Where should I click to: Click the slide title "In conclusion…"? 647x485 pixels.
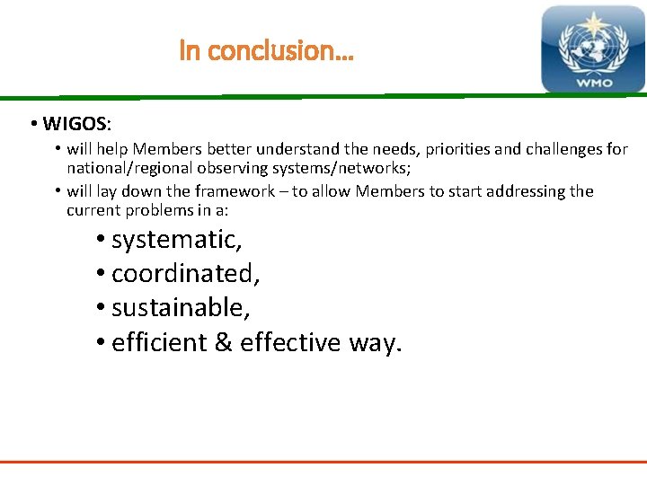[x=267, y=50]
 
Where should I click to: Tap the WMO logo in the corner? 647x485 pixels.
[x=592, y=48]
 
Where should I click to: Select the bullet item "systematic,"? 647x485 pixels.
[x=177, y=240]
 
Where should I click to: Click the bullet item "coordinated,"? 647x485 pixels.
[x=186, y=273]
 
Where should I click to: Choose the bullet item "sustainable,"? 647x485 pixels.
[x=181, y=307]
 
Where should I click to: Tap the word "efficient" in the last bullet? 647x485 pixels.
[x=159, y=342]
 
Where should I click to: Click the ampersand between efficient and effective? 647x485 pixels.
[x=224, y=342]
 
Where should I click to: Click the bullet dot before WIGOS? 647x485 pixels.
[x=32, y=122]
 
